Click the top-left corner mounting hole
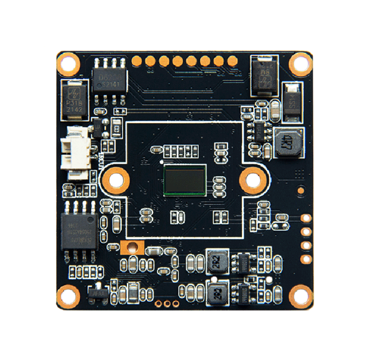(x=68, y=63)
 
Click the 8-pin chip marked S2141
(x=109, y=80)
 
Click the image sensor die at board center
(x=185, y=180)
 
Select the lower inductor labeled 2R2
(x=216, y=292)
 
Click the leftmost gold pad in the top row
(x=137, y=61)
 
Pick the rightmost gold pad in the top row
(x=233, y=61)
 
